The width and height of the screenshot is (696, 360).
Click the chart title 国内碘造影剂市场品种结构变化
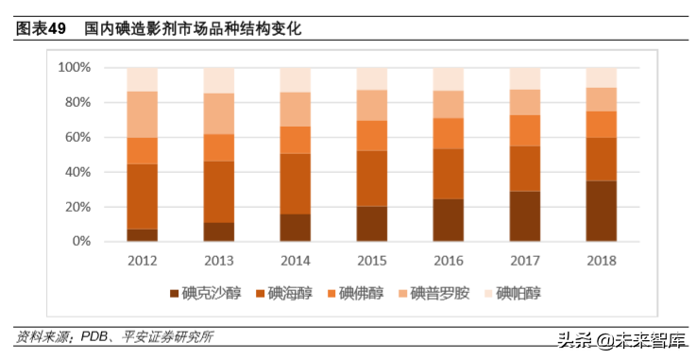[192, 29]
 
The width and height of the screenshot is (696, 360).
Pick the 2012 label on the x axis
[143, 261]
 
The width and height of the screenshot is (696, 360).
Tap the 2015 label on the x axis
[371, 261]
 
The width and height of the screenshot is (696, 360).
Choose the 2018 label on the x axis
[601, 261]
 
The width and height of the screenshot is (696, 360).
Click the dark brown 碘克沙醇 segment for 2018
[601, 211]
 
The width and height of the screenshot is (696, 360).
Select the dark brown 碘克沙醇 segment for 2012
[143, 235]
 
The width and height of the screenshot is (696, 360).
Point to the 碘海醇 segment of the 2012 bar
[143, 197]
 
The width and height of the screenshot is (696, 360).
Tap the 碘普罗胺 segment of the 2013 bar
[219, 113]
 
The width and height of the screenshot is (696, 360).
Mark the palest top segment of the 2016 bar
[448, 79]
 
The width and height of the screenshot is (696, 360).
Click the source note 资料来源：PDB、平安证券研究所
[114, 336]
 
